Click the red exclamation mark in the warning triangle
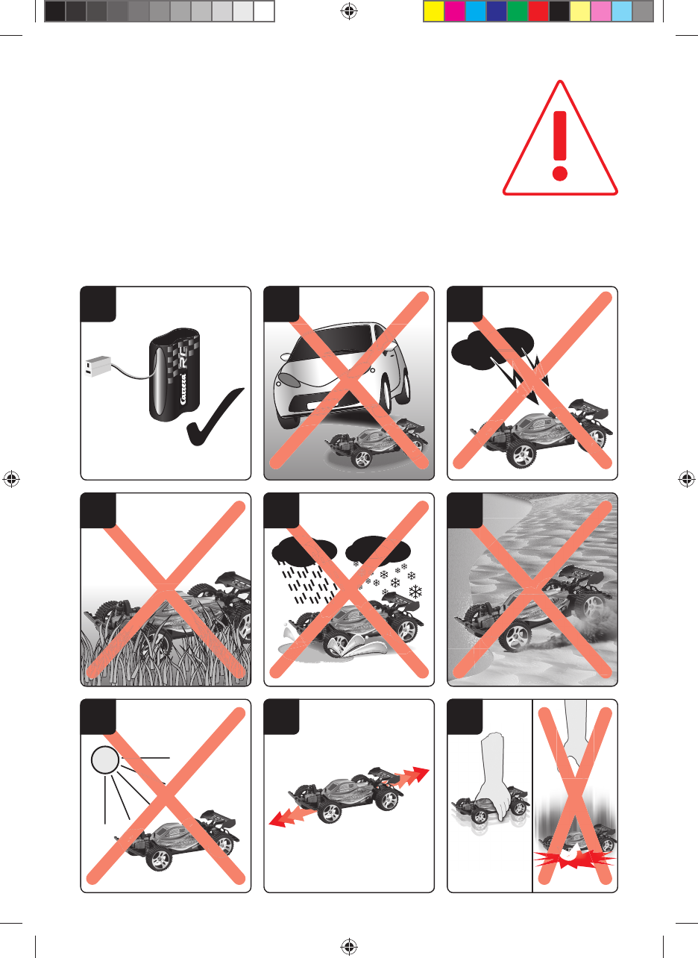[559, 145]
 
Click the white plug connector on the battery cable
[98, 366]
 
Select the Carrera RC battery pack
[174, 375]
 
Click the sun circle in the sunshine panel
[105, 760]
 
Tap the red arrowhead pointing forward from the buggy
[417, 774]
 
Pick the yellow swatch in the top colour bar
[433, 11]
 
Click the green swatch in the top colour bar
[518, 11]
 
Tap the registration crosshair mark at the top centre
[349, 11]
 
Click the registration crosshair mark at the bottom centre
[349, 947]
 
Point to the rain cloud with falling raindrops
[304, 549]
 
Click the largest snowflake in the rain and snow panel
[415, 592]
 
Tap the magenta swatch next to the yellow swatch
[454, 11]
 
